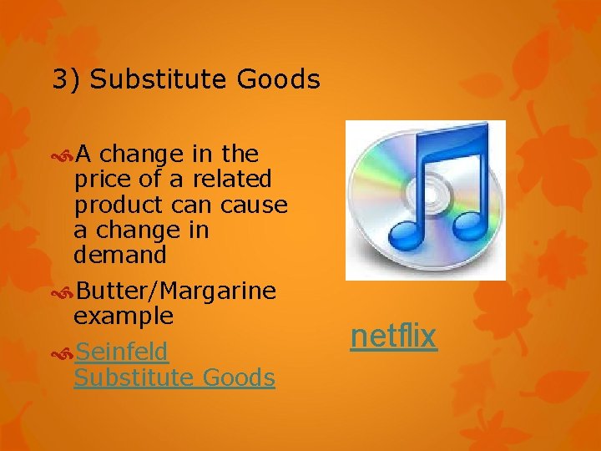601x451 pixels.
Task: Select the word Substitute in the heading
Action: (x=159, y=80)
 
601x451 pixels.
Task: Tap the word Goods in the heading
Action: (x=278, y=80)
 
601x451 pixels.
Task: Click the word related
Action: (x=232, y=180)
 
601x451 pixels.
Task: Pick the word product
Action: (x=119, y=205)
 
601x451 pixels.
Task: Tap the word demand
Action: (x=120, y=255)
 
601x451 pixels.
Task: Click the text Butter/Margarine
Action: (x=175, y=291)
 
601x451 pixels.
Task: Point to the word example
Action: (x=124, y=317)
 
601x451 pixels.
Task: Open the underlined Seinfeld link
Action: (x=122, y=352)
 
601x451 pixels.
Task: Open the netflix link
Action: (x=393, y=337)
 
